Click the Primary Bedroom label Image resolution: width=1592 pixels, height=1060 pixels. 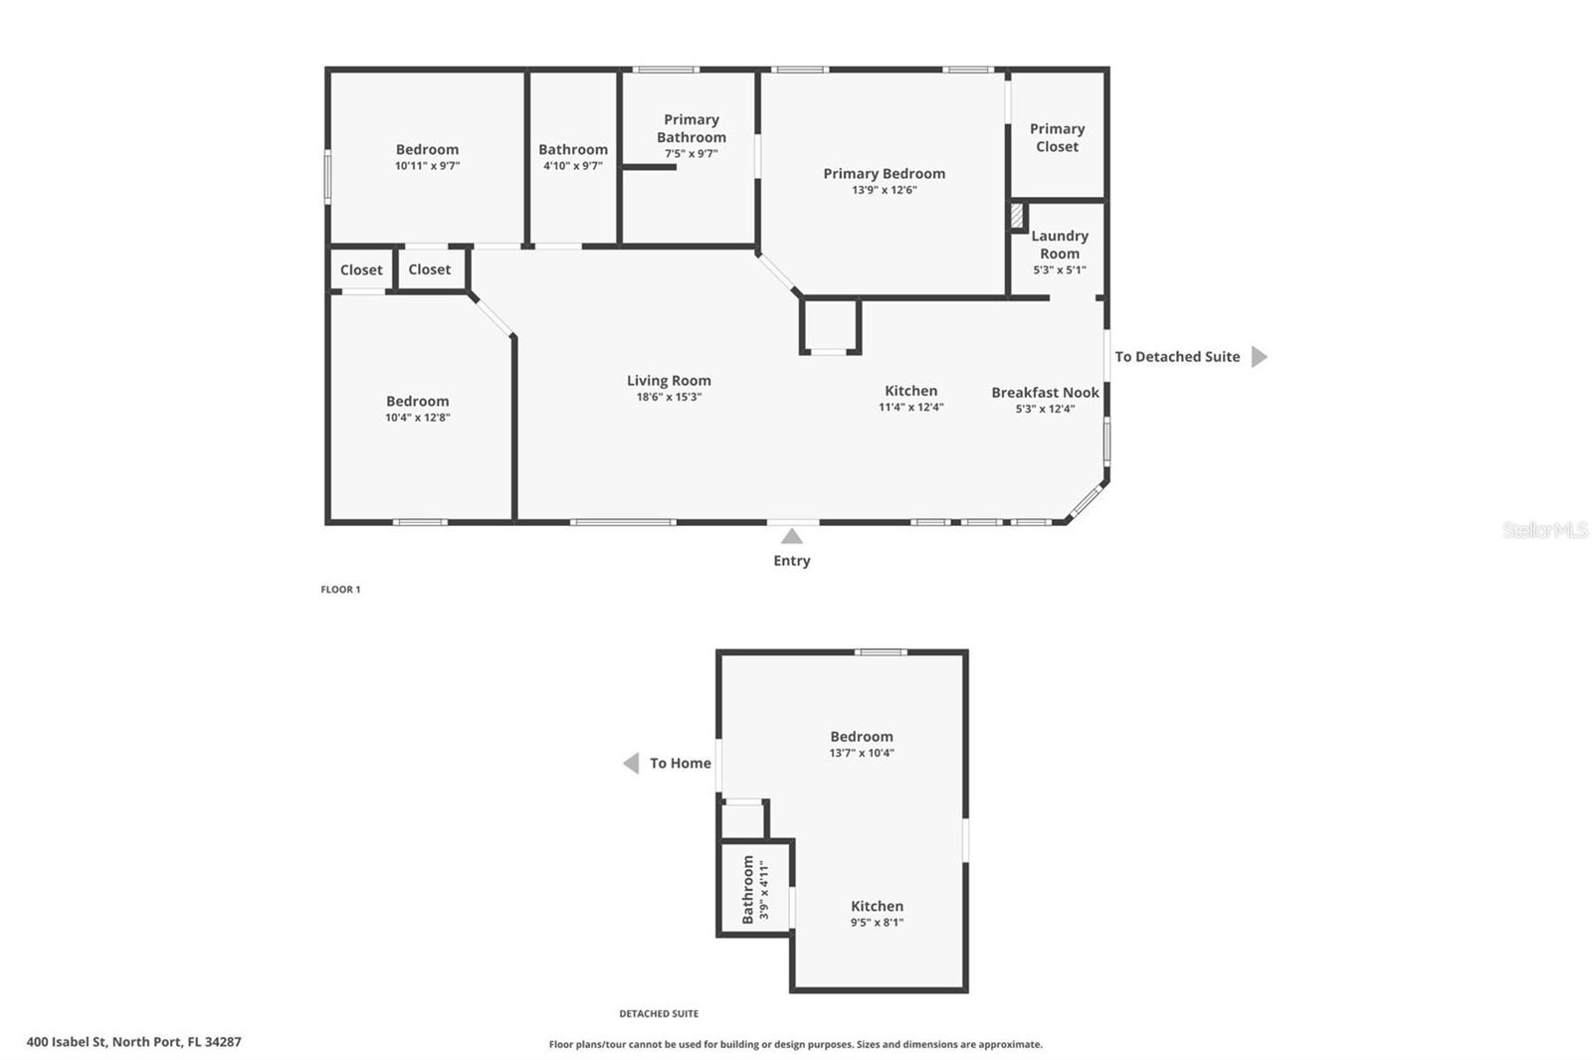click(884, 174)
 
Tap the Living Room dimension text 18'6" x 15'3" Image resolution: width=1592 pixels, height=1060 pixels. click(669, 397)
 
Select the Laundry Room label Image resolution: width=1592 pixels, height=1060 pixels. click(1059, 245)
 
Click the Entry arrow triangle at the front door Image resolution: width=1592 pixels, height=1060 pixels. click(791, 537)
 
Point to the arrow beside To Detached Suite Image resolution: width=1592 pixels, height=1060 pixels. click(1259, 357)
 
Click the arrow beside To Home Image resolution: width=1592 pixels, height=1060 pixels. click(631, 764)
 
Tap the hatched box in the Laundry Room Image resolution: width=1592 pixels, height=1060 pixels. click(1017, 216)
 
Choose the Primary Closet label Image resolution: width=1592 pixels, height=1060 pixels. click(1057, 138)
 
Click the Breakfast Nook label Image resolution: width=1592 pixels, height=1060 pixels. click(1045, 393)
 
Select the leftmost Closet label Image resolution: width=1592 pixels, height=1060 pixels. click(361, 270)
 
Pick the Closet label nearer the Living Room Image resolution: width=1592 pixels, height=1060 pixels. click(429, 269)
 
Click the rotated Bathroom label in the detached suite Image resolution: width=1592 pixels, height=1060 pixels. click(748, 890)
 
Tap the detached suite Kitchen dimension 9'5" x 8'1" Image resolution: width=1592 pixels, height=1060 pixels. click(877, 923)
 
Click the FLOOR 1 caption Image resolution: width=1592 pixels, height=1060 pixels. click(340, 590)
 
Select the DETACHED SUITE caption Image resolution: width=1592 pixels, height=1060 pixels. click(659, 1014)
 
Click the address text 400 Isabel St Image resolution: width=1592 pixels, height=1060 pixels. click(133, 1042)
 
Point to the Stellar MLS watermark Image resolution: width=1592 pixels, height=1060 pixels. click(1544, 530)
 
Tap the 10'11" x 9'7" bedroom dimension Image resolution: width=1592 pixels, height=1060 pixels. click(427, 166)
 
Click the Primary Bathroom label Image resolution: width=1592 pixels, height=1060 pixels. click(691, 129)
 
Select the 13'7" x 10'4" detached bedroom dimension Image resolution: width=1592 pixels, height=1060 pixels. click(862, 753)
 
